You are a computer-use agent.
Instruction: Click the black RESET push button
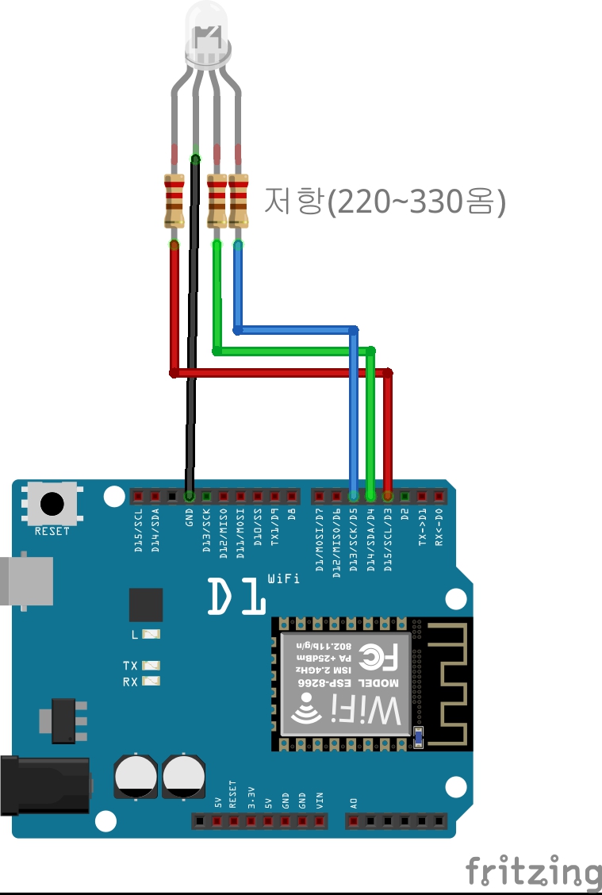[52, 504]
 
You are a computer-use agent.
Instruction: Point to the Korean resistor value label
[384, 202]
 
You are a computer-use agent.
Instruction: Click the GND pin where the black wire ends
[189, 497]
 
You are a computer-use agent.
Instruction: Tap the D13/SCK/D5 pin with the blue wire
[354, 497]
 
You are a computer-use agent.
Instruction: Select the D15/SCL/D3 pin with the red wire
[388, 497]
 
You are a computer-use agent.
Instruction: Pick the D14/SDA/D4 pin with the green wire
[370, 497]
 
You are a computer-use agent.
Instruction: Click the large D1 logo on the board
[236, 597]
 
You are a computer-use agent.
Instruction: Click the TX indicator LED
[151, 666]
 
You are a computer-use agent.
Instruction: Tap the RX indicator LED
[151, 682]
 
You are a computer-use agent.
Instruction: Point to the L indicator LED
[151, 634]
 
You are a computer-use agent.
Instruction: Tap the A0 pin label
[354, 803]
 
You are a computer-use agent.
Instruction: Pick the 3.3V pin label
[251, 797]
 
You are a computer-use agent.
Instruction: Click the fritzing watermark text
[533, 871]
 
